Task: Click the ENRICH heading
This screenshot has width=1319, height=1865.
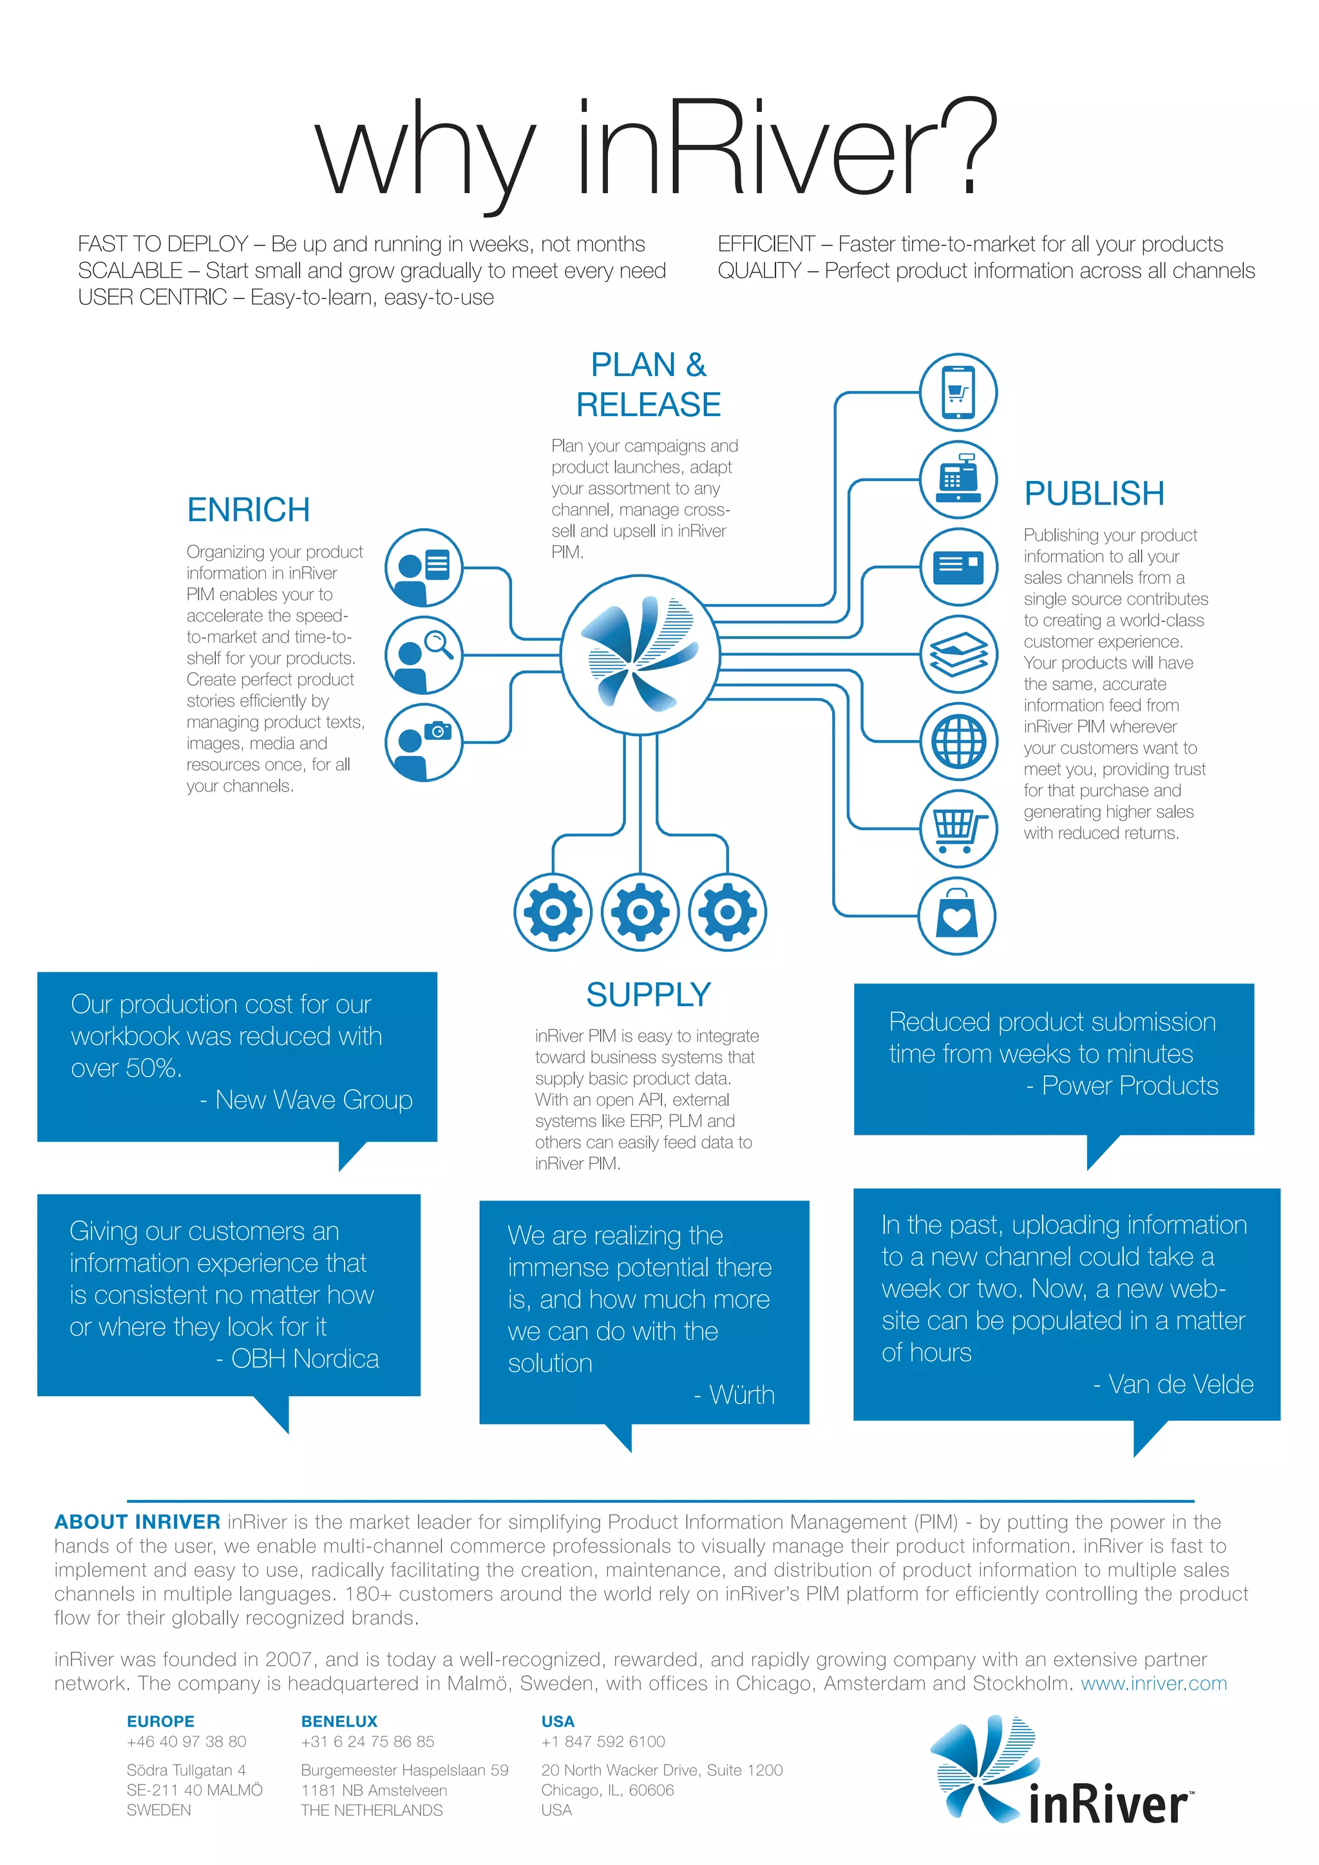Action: point(249,510)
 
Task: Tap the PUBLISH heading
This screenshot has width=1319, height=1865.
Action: point(1094,493)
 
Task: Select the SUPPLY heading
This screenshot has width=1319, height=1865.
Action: point(648,994)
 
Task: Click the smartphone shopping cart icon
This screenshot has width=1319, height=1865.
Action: point(958,392)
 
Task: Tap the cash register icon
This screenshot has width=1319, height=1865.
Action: point(958,480)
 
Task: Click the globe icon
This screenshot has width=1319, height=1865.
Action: point(958,742)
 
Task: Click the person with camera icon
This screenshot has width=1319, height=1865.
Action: point(423,743)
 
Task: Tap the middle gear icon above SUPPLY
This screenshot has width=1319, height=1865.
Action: point(640,912)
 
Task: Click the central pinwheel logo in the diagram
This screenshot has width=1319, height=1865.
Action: point(640,654)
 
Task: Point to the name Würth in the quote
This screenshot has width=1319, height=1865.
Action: point(741,1395)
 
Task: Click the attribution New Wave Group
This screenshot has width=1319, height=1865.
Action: point(314,1100)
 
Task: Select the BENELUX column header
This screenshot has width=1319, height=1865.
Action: point(339,1721)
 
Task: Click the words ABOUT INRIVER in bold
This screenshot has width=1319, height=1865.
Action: point(137,1522)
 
